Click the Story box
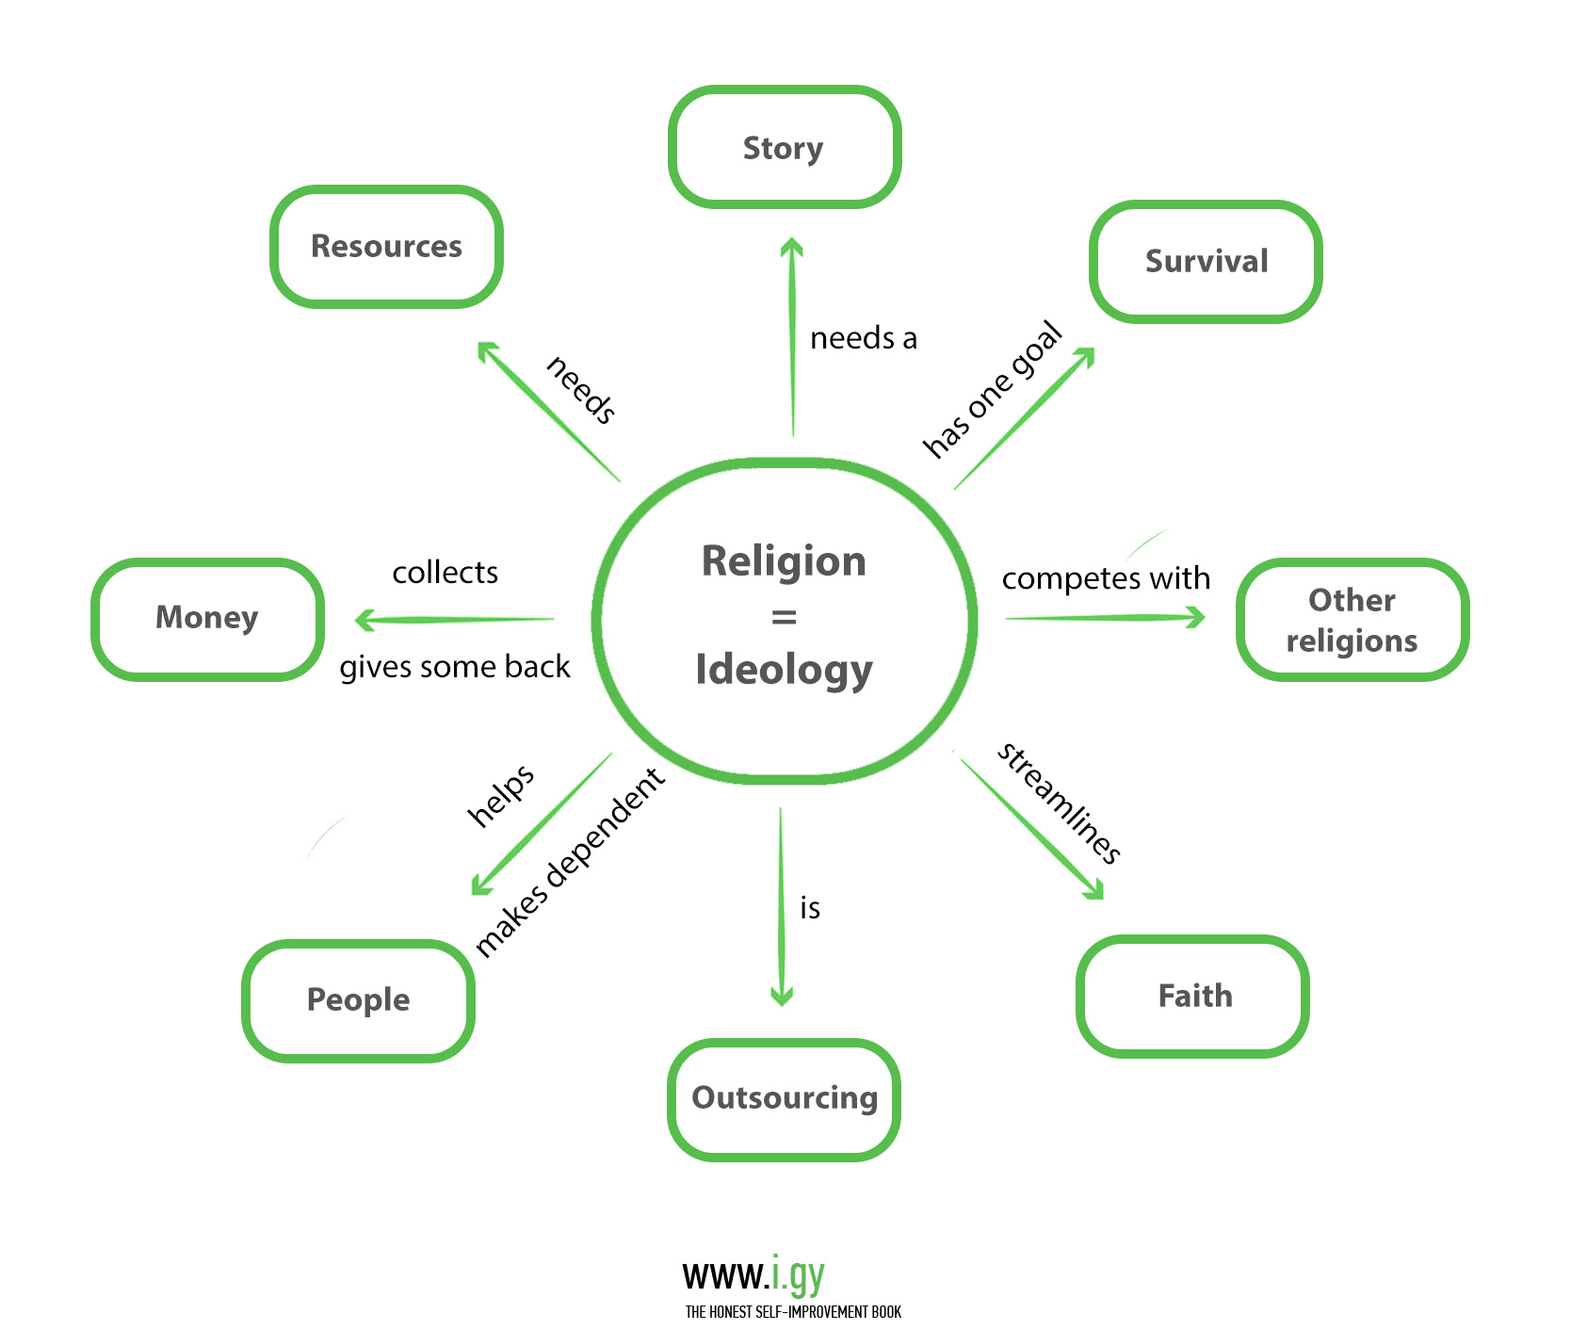784,148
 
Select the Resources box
386,247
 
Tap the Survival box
1206,261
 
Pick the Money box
207,618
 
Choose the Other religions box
1352,620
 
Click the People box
358,999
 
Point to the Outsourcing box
784,1098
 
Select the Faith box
1194,996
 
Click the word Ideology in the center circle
784,671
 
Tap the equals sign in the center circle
784,618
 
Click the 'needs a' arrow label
863,338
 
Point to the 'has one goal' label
992,389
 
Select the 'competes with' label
1106,578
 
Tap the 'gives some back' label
455,667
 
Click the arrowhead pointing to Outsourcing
782,997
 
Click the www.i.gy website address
753,1275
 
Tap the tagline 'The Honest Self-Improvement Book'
793,1312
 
